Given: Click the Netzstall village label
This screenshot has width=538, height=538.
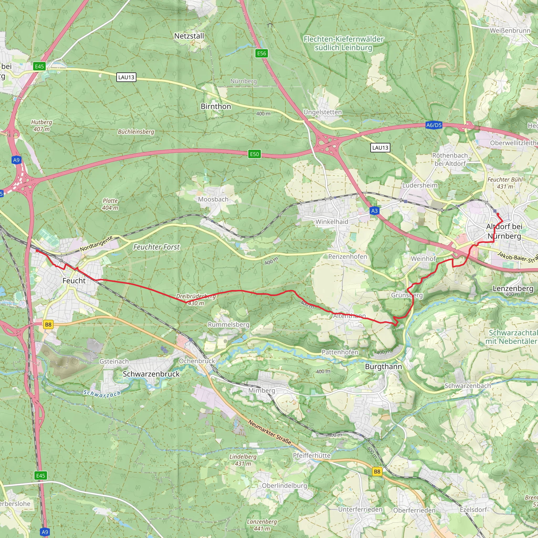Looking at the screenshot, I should pos(189,36).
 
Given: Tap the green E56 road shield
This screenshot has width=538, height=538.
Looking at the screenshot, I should pos(261,54).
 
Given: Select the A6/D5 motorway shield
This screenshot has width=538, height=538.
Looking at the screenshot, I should pos(434,125).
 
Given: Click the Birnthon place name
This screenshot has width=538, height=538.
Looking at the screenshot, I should pos(216,106).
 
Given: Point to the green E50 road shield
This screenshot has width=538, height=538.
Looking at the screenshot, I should pos(254,154).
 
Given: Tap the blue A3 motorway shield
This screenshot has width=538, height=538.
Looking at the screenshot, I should pos(375,211).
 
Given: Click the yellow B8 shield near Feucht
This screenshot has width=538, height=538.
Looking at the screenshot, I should pos(48,324).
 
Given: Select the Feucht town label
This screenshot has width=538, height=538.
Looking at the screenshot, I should pos(74,281).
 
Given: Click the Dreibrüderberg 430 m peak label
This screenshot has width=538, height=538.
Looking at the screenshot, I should pos(196,300).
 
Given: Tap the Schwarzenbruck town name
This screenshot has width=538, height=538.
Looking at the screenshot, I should pos(151,374).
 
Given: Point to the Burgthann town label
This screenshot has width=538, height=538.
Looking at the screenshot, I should pos(384,367).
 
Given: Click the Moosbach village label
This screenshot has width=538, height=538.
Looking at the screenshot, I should pos(213,199).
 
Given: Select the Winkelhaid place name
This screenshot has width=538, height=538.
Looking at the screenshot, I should pos(332,222).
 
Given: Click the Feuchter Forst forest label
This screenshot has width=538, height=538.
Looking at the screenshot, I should pos(157,247).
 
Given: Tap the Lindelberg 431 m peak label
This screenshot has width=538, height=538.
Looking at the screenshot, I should pos(243,460).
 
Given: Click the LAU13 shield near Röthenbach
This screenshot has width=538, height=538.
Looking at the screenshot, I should pos(380,148).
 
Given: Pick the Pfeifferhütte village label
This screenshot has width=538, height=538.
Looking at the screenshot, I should pos(312,456).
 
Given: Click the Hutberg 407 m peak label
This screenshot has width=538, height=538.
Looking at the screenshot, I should pos(42,126).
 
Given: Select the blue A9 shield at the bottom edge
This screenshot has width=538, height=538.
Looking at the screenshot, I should pos(45,532).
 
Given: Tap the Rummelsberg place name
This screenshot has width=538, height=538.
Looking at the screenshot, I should pos(229,324).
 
